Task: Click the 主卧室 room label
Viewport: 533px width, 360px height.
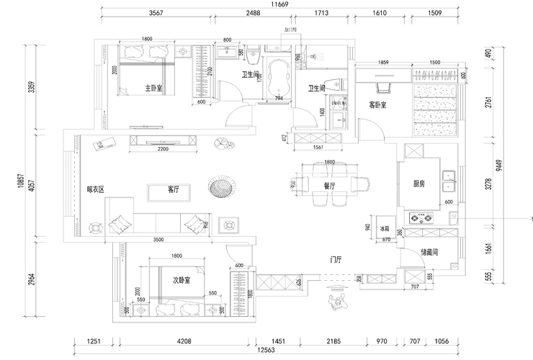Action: pyautogui.click(x=153, y=89)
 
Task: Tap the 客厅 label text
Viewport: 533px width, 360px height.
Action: pyautogui.click(x=173, y=190)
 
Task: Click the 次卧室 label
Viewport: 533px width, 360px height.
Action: pyautogui.click(x=181, y=280)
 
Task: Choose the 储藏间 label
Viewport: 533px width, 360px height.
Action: pyautogui.click(x=429, y=253)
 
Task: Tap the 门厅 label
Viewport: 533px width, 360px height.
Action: pyautogui.click(x=336, y=258)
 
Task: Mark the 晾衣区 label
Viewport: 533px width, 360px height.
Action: pyautogui.click(x=96, y=190)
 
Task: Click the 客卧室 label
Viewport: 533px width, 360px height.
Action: pyautogui.click(x=378, y=104)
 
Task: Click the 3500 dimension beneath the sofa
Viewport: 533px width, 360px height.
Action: pyautogui.click(x=158, y=240)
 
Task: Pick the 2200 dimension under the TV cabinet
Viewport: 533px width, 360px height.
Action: pyautogui.click(x=164, y=149)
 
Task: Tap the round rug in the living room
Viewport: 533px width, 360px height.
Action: pyautogui.click(x=220, y=188)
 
